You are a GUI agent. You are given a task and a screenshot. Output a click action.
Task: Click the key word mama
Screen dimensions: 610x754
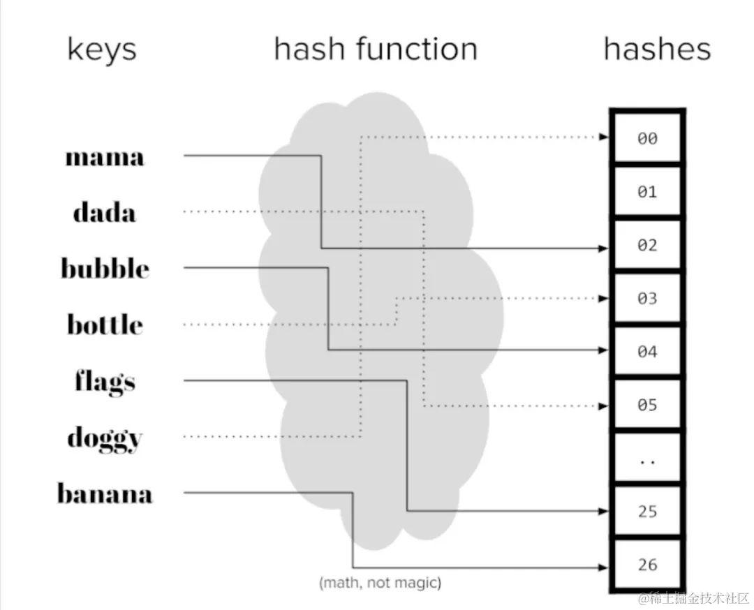[105, 156]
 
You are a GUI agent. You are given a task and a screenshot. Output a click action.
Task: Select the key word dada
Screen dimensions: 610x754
[105, 212]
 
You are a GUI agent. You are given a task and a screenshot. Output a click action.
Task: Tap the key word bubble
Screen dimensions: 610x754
[105, 269]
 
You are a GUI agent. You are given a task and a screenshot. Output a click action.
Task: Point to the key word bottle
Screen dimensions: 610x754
[105, 325]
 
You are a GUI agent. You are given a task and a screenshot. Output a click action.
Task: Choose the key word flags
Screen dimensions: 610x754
[105, 382]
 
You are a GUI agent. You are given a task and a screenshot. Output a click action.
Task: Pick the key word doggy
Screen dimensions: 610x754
[105, 438]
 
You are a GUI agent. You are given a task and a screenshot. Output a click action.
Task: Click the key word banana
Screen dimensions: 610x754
[105, 494]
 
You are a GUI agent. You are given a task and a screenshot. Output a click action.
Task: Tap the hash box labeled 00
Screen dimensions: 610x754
[647, 139]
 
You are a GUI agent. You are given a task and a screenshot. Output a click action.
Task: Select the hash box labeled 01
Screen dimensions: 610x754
[647, 192]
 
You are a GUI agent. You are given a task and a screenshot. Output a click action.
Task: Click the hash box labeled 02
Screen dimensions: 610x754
[647, 246]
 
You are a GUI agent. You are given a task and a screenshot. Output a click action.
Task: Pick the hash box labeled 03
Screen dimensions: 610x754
[647, 299]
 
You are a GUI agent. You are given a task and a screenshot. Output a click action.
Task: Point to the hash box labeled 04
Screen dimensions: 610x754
[647, 352]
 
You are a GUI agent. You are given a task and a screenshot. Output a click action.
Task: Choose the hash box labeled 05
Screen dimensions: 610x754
[647, 405]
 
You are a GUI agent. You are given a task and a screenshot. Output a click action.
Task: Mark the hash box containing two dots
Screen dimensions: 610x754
[647, 459]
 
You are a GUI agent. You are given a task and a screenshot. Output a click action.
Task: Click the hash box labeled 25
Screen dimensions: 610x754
[647, 512]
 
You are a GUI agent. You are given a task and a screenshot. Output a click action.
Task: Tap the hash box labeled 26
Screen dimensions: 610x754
[647, 565]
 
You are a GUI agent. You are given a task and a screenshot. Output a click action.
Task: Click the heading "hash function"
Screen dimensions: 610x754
[376, 50]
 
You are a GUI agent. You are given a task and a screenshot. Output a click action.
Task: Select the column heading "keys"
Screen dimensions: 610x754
[102, 50]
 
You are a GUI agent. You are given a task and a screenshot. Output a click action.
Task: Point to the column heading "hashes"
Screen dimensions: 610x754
[657, 50]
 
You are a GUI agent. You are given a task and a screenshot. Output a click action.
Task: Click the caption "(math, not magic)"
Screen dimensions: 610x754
[380, 582]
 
